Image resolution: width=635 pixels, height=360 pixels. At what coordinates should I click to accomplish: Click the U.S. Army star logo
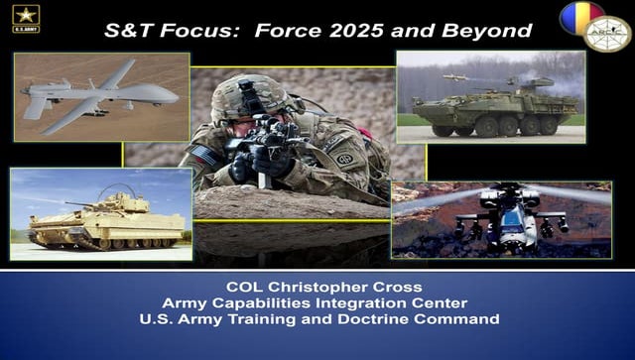[26, 18]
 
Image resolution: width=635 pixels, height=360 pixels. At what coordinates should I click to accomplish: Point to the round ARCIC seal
[606, 34]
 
